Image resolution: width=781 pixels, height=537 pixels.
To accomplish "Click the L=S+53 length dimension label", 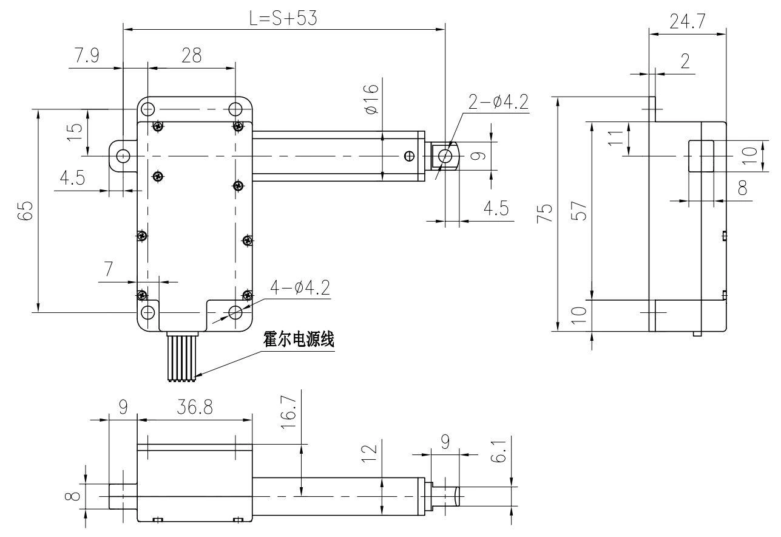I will [283, 18].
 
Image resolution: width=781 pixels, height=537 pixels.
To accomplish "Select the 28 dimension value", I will [191, 56].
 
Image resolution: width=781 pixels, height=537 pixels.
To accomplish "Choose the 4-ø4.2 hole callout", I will [300, 287].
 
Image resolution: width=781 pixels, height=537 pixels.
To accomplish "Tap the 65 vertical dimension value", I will [25, 213].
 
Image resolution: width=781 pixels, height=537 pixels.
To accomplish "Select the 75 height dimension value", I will [546, 213].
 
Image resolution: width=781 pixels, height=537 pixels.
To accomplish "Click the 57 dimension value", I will [580, 210].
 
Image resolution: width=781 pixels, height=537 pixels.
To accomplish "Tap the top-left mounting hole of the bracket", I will [147, 109].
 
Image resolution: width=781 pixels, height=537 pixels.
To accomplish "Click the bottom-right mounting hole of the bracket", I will [236, 312].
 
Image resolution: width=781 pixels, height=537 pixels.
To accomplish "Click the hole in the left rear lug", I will [123, 156].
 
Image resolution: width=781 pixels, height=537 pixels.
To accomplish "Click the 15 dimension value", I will [74, 132].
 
